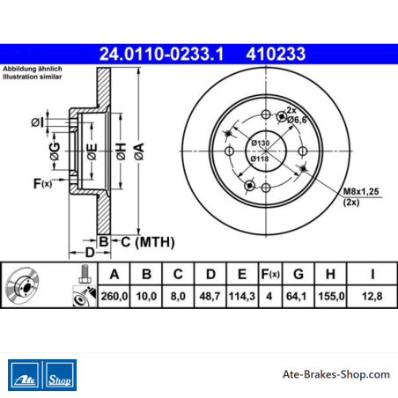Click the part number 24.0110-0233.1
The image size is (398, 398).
(161, 54)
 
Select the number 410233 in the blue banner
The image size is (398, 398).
(276, 54)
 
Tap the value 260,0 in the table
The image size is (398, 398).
(114, 296)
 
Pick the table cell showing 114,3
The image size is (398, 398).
(241, 296)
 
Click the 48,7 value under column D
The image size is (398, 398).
(210, 296)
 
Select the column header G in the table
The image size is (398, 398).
(298, 275)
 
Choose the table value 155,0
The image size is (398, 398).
(331, 296)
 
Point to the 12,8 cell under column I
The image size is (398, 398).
(372, 296)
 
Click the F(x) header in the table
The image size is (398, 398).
(270, 275)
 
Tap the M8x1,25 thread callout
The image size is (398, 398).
(361, 191)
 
